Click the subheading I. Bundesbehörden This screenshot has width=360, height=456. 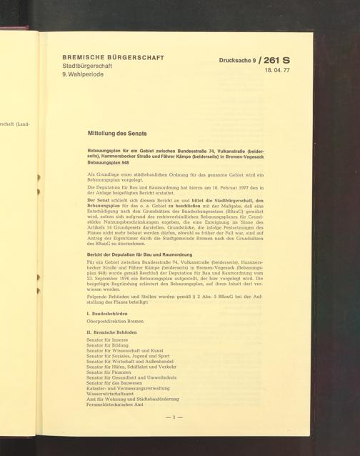coord(108,314)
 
